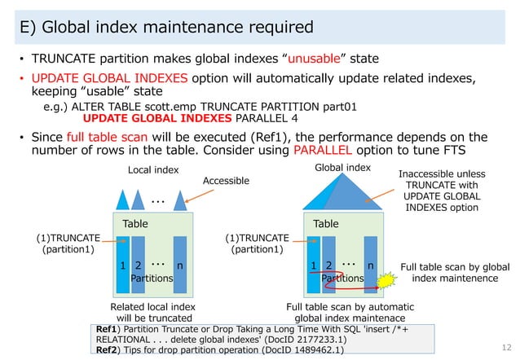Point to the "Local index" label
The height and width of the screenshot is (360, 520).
coord(153,169)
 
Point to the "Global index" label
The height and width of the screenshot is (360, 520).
coord(342,167)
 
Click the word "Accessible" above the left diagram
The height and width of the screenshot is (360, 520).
coord(226,181)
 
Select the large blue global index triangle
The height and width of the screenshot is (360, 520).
coord(342,192)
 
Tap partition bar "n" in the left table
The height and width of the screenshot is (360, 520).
coord(180,265)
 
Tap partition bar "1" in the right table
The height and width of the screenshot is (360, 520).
coord(314,265)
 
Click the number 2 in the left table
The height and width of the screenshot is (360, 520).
coord(138,266)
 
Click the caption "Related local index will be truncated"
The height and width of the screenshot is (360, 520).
coord(153,312)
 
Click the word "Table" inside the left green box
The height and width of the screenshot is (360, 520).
coord(134,223)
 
